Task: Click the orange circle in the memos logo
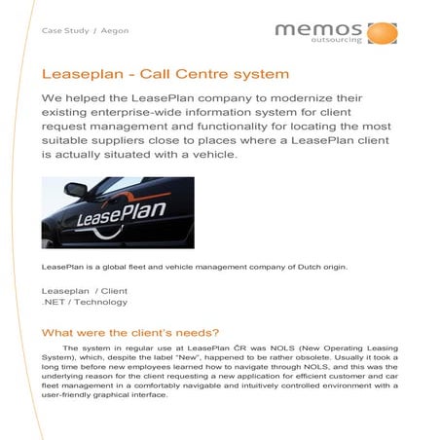click(382, 33)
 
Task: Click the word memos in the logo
click(316, 30)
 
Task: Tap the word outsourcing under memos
click(337, 43)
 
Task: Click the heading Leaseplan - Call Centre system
click(165, 74)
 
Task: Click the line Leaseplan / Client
click(85, 290)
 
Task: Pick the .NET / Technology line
click(85, 302)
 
